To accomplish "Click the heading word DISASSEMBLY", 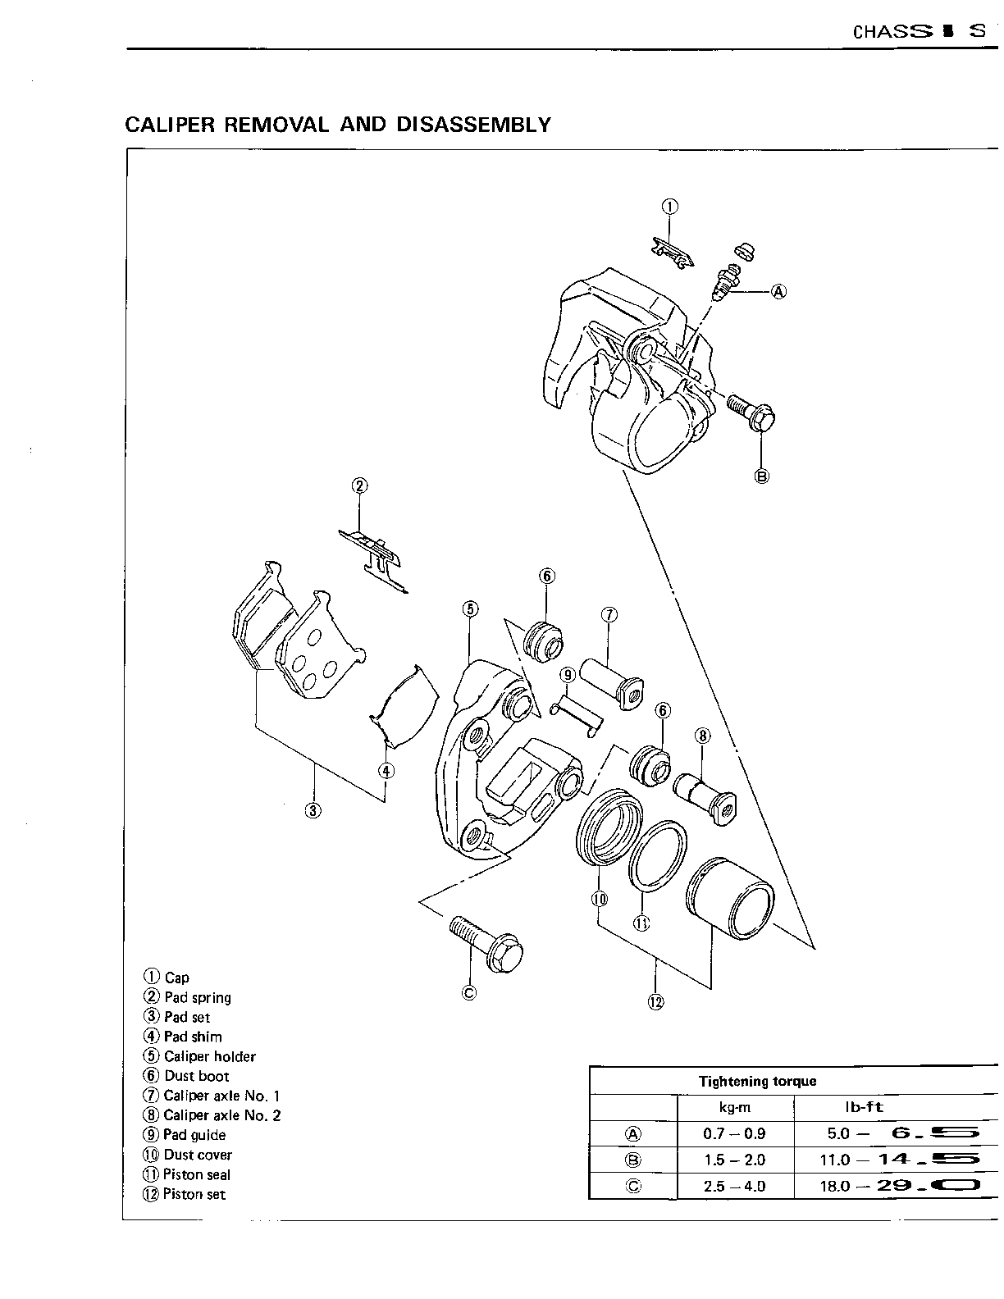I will pyautogui.click(x=473, y=125).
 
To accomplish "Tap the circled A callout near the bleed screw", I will pyautogui.click(x=778, y=290).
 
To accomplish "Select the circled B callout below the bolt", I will pyautogui.click(x=762, y=475).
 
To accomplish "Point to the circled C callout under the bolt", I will pyautogui.click(x=469, y=993).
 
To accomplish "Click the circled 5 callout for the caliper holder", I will pyautogui.click(x=469, y=608).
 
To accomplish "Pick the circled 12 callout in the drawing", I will pyautogui.click(x=655, y=1001).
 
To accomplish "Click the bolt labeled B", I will pyautogui.click(x=751, y=413).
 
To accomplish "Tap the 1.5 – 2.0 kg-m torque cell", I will pyautogui.click(x=734, y=1160).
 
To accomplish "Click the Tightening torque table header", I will pyautogui.click(x=757, y=1081).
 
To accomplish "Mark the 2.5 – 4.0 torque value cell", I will pyautogui.click(x=734, y=1186).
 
